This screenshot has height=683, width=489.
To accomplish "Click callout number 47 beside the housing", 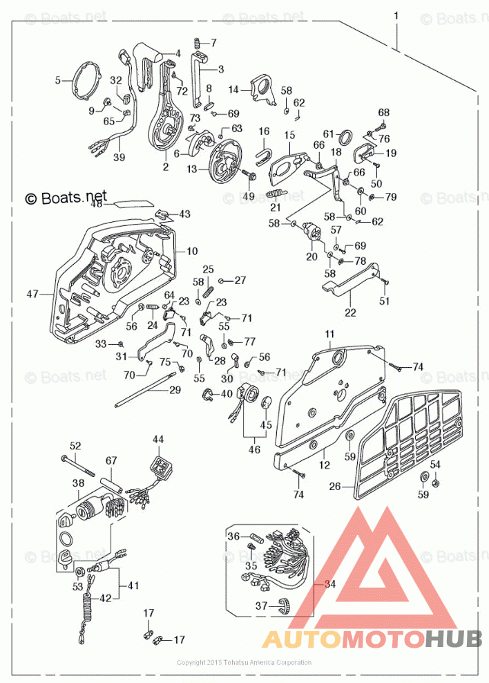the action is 32,294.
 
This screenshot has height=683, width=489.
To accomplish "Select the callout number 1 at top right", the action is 396,15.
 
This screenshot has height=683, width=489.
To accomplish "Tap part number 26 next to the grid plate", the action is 335,486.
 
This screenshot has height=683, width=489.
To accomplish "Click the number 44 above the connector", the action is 159,440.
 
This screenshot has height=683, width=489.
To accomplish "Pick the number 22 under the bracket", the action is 350,313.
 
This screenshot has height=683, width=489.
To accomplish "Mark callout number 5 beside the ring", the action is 58,80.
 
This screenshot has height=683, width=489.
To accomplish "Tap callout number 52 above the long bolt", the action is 75,446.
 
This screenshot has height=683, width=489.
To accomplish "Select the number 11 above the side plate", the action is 329,334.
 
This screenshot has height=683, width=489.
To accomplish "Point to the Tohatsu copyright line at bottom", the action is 244,662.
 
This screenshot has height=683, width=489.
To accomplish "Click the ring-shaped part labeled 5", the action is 86,81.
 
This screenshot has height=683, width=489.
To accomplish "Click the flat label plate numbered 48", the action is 133,204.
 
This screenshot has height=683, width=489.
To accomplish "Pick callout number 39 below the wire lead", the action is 119,158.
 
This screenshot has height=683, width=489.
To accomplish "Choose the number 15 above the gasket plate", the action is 289,134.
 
